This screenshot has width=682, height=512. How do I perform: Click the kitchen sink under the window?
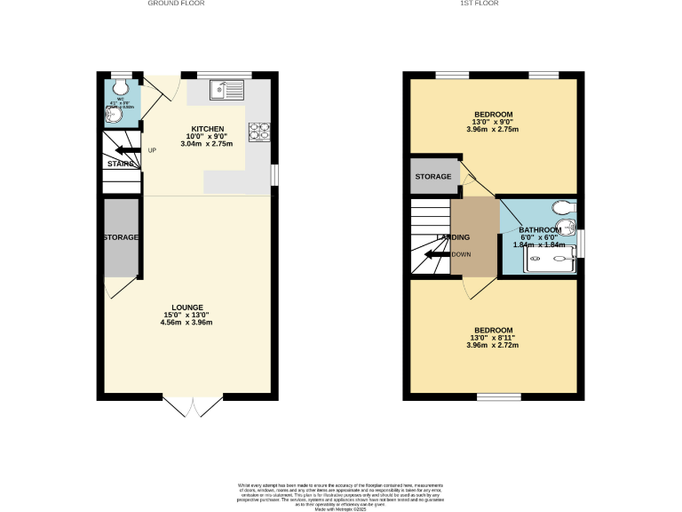coord(227,89)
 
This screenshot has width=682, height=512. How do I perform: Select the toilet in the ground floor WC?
coord(122,88)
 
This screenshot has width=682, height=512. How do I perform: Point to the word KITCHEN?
coord(206,128)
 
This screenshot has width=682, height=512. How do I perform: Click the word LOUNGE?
coord(186,307)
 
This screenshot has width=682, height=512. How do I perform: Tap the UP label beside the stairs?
coord(152,149)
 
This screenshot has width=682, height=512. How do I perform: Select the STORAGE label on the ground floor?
coord(121,237)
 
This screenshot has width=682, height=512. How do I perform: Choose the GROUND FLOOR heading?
coord(176,4)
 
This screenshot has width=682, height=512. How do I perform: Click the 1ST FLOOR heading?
coord(480,4)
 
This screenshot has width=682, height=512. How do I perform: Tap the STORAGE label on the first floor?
coord(433,177)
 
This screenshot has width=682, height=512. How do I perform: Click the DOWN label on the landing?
coord(462,254)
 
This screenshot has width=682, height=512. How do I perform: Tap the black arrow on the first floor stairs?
coord(433,255)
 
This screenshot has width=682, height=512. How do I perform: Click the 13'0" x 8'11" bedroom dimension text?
coord(493,337)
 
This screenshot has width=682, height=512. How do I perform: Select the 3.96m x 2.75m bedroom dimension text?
coord(493,130)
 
